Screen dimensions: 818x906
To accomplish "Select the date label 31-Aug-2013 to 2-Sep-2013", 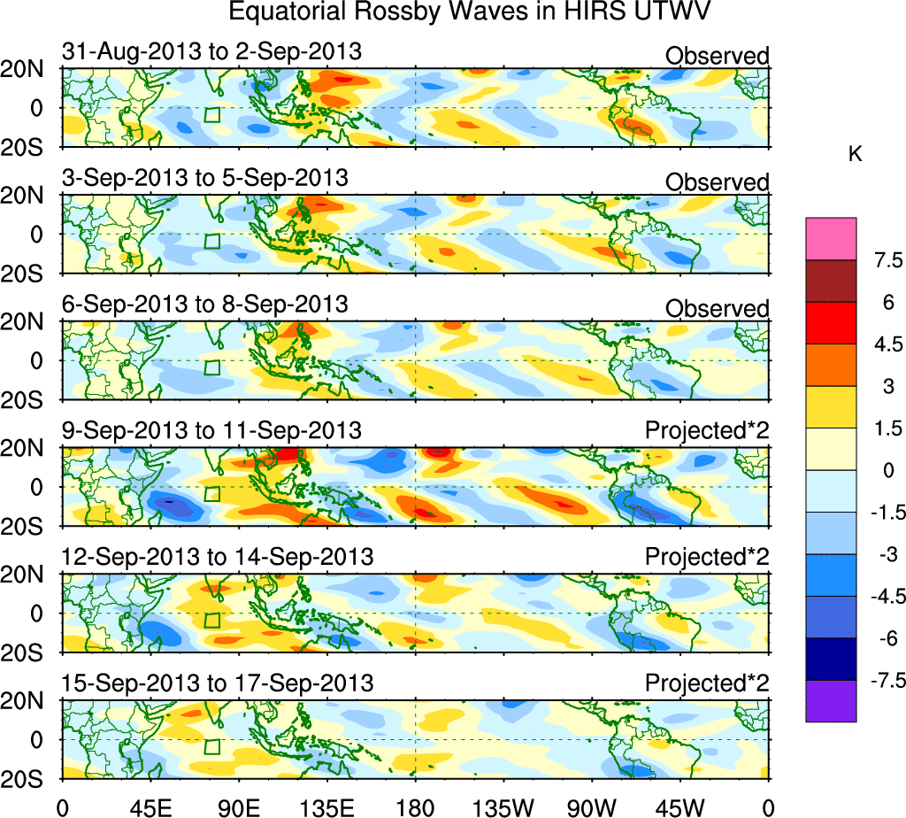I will [211, 51].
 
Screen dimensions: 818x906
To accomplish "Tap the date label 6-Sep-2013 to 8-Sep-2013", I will [204, 304].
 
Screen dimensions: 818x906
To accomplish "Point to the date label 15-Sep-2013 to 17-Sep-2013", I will [217, 683].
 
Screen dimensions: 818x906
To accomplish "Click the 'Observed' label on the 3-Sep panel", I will [717, 182].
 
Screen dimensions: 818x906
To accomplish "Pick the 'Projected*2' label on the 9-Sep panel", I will [707, 431].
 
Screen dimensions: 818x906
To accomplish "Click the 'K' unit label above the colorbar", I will [855, 154].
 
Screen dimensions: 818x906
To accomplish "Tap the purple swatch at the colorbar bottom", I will [831, 701].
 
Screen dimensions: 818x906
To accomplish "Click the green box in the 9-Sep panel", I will [211, 494].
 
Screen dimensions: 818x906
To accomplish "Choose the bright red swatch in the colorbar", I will [831, 322].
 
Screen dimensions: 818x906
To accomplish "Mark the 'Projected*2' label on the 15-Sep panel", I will [707, 683].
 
